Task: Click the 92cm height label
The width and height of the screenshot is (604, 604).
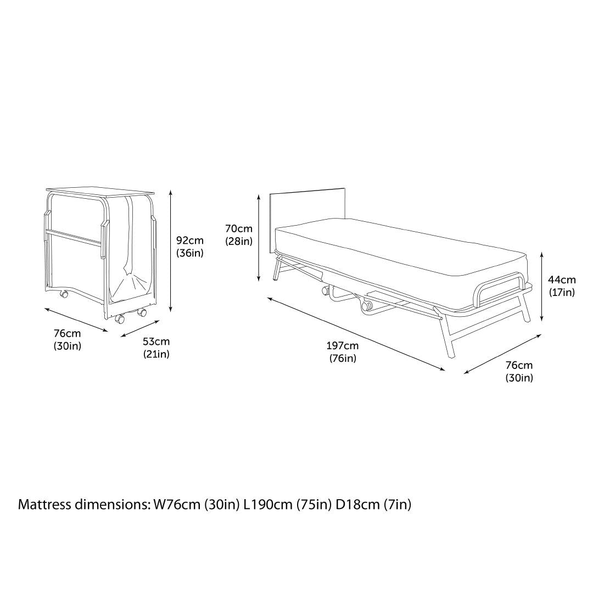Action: (189, 240)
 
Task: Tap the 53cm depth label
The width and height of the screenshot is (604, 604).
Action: (156, 342)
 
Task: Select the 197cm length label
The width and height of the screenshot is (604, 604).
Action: (343, 346)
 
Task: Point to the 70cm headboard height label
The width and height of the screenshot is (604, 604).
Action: (239, 228)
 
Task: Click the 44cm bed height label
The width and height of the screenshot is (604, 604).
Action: (562, 280)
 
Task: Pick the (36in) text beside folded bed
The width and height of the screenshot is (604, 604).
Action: (189, 253)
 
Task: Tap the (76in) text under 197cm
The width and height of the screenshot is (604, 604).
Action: (343, 359)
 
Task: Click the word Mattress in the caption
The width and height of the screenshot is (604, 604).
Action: (43, 504)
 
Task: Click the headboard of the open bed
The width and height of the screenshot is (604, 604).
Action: (307, 206)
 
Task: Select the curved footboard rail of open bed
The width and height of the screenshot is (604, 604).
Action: (500, 286)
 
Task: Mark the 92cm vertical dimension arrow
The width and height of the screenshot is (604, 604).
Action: (171, 250)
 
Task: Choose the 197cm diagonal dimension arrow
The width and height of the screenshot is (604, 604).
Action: (356, 333)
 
